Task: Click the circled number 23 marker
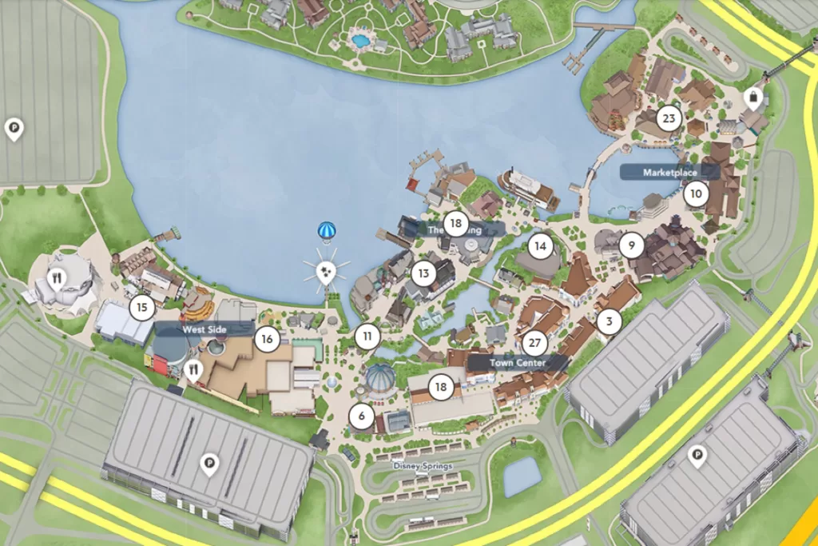coord(669,120)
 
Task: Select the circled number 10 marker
coord(696,193)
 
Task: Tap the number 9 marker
coord(631,245)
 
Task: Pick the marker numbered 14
coord(541,246)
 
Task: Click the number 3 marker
coord(610,322)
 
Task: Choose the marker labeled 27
coord(534,344)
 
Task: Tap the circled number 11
coord(367,336)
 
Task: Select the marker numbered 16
coord(267,339)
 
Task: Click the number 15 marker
coord(141,307)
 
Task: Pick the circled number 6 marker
coord(361,416)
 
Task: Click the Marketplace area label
coord(669,172)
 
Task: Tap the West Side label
coord(205,329)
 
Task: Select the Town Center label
coord(517,363)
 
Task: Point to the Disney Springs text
coord(423,466)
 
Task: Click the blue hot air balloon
coord(326,232)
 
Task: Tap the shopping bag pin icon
coord(752,98)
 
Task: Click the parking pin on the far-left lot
coord(14,127)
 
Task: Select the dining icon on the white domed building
coord(57,279)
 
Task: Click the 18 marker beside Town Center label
coord(441,388)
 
